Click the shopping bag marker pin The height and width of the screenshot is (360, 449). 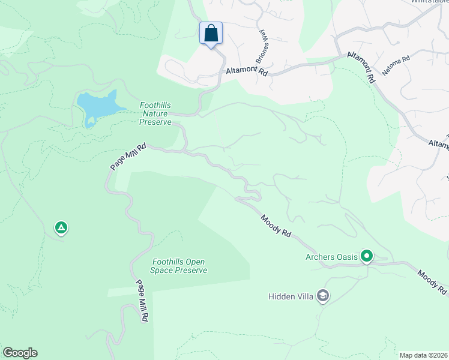pos(211,33)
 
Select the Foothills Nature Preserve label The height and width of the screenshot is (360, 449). pos(156,113)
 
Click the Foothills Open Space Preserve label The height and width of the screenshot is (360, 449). pos(179,266)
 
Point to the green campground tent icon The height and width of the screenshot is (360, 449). pos(61,227)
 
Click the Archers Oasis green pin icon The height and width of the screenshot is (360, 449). pos(366,257)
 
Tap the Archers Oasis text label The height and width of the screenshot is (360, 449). pos(331,257)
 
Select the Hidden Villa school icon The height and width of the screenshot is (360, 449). pos(323,296)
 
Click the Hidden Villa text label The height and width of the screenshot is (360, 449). pos(291,296)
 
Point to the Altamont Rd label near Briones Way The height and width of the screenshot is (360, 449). pos(246,70)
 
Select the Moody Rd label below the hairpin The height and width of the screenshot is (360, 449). pos(276,226)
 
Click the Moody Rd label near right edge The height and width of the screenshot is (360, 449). pos(432,281)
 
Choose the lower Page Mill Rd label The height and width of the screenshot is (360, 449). pos(142,301)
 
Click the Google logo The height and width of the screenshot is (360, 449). pos(20,353)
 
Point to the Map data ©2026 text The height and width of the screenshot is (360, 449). pos(423,355)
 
